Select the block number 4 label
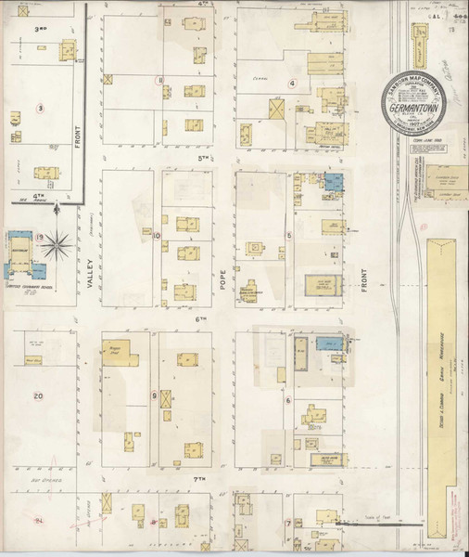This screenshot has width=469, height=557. pos(292,83)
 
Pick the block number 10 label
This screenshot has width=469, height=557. pos(157,235)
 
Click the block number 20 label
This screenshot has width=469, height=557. pos(38,396)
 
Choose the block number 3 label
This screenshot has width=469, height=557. pos(40,108)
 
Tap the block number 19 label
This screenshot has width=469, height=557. pos(40,239)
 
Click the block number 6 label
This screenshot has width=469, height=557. pos(289,401)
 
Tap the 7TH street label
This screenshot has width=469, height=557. pos(197,479)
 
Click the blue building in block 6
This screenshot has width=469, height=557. pos(327,343)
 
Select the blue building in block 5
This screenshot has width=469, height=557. pos(333,181)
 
